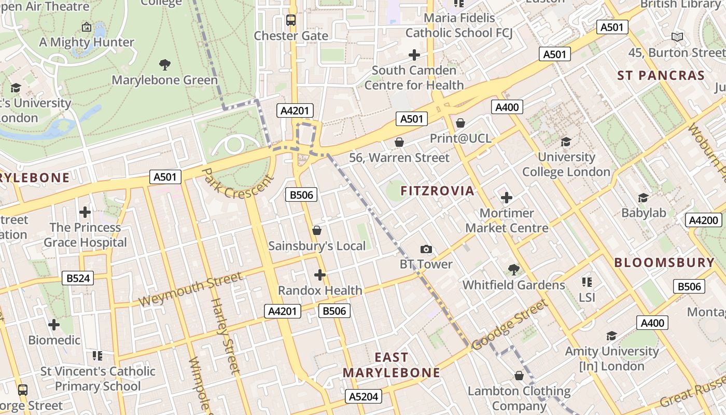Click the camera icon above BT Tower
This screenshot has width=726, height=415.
click(426, 250)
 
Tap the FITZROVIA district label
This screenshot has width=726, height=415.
click(437, 191)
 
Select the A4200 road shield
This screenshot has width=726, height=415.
click(704, 220)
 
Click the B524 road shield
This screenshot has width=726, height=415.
click(78, 278)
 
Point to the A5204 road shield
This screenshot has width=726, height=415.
click(364, 397)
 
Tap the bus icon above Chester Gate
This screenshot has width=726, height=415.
click(291, 21)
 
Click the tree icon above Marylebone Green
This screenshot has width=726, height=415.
click(165, 65)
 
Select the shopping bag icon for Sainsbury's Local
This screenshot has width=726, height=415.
click(317, 230)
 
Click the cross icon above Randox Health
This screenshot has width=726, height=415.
click(320, 274)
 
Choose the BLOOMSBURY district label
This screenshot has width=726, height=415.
click(664, 262)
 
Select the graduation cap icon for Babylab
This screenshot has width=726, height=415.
click(643, 198)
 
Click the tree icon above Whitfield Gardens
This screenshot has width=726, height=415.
click(513, 269)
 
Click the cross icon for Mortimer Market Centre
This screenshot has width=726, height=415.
click(507, 198)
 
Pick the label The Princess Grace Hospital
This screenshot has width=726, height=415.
click(85, 235)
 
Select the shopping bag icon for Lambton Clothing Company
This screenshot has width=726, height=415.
click(519, 376)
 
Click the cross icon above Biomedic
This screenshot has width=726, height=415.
click(54, 325)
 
